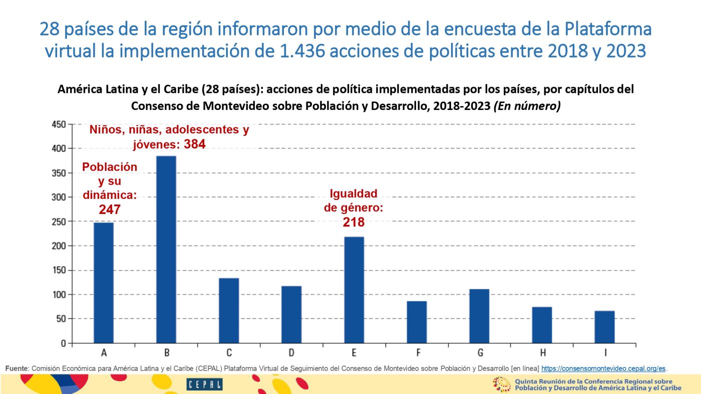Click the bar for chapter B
[x=166, y=249]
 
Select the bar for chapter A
[x=104, y=282]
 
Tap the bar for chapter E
[x=354, y=290]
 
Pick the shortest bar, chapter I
[x=604, y=327]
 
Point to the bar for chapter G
[x=479, y=316]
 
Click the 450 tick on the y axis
[x=59, y=124]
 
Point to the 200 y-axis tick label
[x=59, y=246]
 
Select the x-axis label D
[x=291, y=353]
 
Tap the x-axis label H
[x=542, y=353]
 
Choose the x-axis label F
[x=417, y=353]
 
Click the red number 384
[x=194, y=144]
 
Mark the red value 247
[x=110, y=209]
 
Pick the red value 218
[x=354, y=222]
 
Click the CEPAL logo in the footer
[x=204, y=384]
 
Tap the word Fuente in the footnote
[x=17, y=368]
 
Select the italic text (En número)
[x=527, y=106]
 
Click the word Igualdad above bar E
[x=353, y=194]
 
